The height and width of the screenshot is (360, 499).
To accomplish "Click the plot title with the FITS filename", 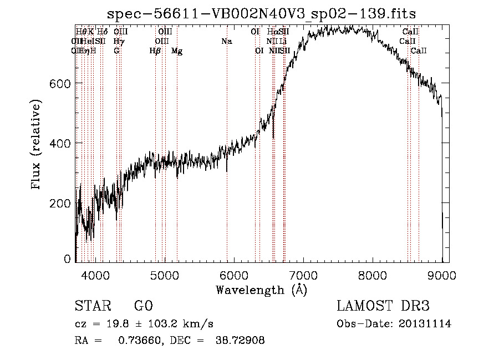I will point(261,14).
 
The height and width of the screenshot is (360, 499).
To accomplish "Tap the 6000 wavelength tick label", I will point(234,275).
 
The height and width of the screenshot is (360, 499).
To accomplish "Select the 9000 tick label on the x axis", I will point(442,275).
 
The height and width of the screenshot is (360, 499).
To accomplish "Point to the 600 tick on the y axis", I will point(60,83).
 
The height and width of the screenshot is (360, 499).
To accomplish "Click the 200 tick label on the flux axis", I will point(60,203).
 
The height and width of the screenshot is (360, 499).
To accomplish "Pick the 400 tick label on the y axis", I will point(60,143).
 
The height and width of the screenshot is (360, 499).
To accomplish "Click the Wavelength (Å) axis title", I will point(261,290).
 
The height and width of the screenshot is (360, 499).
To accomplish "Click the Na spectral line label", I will point(226,41).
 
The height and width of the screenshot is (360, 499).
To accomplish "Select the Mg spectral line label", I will point(177,51).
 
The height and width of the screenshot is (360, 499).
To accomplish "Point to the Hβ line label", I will point(155,51).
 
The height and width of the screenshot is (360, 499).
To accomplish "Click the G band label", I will point(116,51).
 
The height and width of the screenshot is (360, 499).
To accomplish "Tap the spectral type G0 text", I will point(144,306).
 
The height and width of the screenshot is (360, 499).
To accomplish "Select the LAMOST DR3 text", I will point(383,306).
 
